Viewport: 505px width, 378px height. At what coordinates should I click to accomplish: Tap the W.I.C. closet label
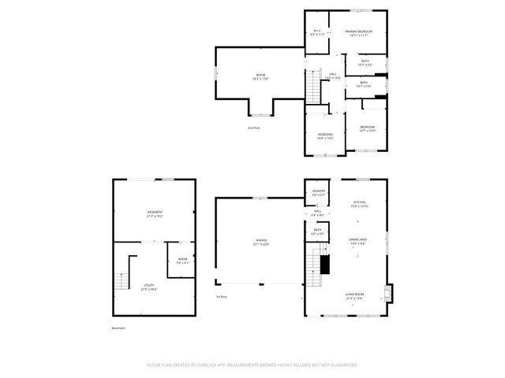tap(317, 32)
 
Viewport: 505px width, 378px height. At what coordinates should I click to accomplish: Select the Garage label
tap(260, 242)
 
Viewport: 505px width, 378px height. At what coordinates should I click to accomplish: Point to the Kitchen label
tap(359, 204)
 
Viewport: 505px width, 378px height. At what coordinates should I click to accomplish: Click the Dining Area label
tap(359, 241)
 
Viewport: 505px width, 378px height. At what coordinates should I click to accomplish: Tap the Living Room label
tap(354, 295)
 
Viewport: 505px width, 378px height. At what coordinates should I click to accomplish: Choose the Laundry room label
tap(319, 192)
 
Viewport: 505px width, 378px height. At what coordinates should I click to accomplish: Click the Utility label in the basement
tap(148, 287)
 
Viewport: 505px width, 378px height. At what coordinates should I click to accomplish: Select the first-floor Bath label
tap(316, 232)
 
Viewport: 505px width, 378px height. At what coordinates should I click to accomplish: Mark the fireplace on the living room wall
tap(386, 295)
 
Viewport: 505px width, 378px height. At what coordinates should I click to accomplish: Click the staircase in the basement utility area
tap(121, 281)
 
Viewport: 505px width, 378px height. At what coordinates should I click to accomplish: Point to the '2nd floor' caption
tap(254, 128)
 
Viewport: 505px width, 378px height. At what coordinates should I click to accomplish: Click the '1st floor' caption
tap(223, 297)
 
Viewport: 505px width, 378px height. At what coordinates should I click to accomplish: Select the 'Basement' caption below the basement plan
tap(118, 328)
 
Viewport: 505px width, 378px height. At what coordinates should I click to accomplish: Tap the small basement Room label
tap(182, 261)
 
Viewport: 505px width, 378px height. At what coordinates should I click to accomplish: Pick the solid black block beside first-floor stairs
tap(323, 265)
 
